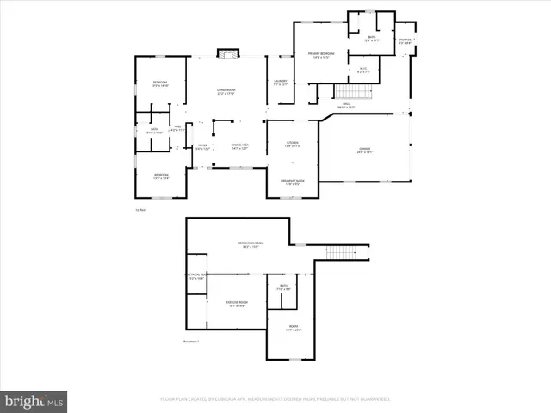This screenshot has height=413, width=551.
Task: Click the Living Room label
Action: [x=226, y=91]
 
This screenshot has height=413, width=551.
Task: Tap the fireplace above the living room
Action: [x=226, y=55]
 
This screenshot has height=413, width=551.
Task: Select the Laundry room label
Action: [x=281, y=83]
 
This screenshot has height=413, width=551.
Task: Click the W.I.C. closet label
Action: [x=363, y=71]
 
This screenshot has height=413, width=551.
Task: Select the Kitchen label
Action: [x=293, y=144]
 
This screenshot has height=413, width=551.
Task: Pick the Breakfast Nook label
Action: [x=293, y=182]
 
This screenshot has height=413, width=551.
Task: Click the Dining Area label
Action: [x=239, y=146]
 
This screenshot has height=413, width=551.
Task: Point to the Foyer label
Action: [x=203, y=147]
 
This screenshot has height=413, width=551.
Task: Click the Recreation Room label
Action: [x=251, y=245]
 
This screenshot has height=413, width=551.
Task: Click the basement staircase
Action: [x=341, y=253]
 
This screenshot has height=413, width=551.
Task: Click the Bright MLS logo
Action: [x=34, y=401]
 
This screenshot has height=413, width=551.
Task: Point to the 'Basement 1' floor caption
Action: [x=191, y=342]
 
